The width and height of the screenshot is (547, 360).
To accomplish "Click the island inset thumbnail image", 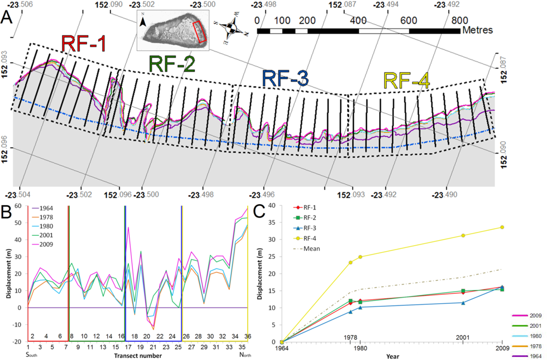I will (x=172, y=32).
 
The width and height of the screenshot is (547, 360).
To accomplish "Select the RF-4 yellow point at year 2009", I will (x=502, y=227).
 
